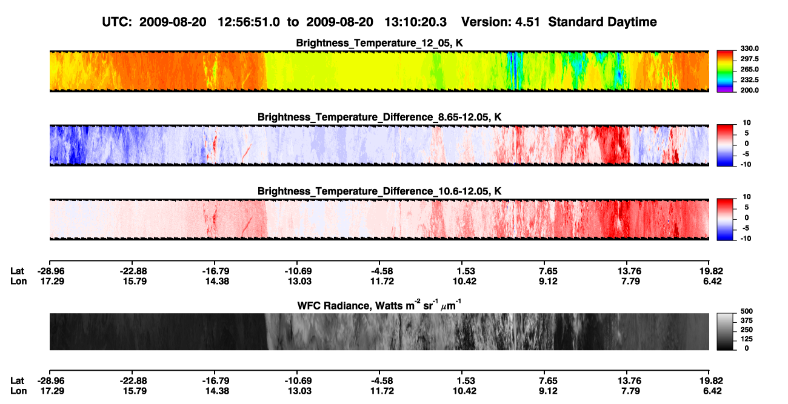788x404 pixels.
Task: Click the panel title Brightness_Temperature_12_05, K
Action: tap(379, 43)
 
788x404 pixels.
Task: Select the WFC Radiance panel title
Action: tap(379, 305)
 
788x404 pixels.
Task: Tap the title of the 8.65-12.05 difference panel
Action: tap(379, 117)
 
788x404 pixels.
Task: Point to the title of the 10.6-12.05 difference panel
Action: tap(379, 191)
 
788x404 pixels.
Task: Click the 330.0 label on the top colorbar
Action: tap(749, 48)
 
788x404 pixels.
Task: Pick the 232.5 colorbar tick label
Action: tap(749, 80)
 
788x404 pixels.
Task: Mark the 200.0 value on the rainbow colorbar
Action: tap(749, 90)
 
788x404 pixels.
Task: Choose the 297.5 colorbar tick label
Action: tap(749, 59)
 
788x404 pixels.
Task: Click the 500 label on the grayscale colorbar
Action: tap(747, 311)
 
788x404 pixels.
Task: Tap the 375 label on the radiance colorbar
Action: tap(747, 320)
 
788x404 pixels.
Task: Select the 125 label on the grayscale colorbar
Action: tap(747, 339)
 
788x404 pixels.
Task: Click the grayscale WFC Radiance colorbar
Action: tap(725, 331)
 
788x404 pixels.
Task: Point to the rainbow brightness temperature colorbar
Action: tap(725, 71)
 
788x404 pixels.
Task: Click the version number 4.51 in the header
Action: tap(527, 22)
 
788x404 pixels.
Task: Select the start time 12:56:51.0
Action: tap(249, 22)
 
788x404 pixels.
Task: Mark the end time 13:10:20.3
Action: tap(415, 22)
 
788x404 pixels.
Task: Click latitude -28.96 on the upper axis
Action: tap(51, 271)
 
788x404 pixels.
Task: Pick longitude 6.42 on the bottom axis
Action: tap(712, 391)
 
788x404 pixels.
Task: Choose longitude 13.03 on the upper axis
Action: tap(299, 282)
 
